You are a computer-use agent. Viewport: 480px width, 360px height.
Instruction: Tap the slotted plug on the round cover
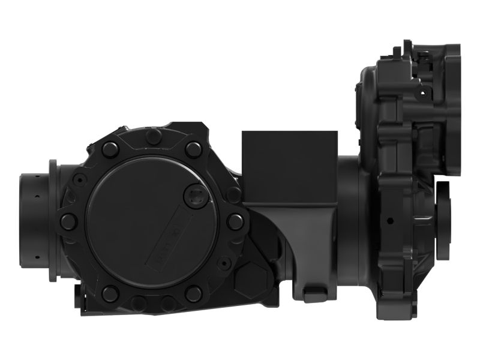tap(194, 196)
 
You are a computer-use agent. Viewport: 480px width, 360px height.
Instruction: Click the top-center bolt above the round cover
tap(154, 137)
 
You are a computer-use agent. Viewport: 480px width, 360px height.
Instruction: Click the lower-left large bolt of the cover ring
tap(110, 293)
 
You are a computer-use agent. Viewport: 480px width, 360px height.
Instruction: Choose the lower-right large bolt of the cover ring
tap(193, 293)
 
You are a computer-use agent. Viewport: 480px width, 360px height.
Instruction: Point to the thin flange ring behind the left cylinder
tap(53, 220)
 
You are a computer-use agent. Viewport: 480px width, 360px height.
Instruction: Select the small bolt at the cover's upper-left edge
tap(79, 178)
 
